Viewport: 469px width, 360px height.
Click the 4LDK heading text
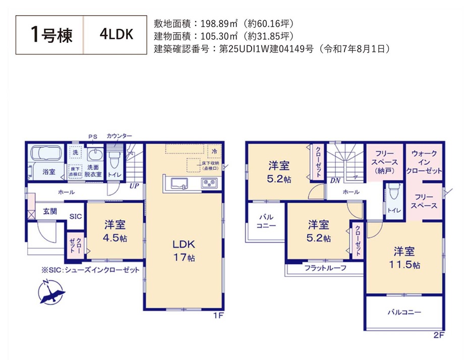[x=116, y=35]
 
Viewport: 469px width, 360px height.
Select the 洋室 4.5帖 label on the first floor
[x=115, y=231]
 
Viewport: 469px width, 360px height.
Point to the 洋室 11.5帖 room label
[x=404, y=257]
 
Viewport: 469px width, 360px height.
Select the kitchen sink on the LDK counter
[x=180, y=183]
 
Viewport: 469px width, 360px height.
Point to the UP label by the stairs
[x=135, y=186]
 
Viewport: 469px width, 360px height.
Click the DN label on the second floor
[x=335, y=181]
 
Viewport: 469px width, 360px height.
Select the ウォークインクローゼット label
[x=424, y=161]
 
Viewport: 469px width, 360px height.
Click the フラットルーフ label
[x=325, y=268]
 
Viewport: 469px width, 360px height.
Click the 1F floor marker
[x=218, y=316]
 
